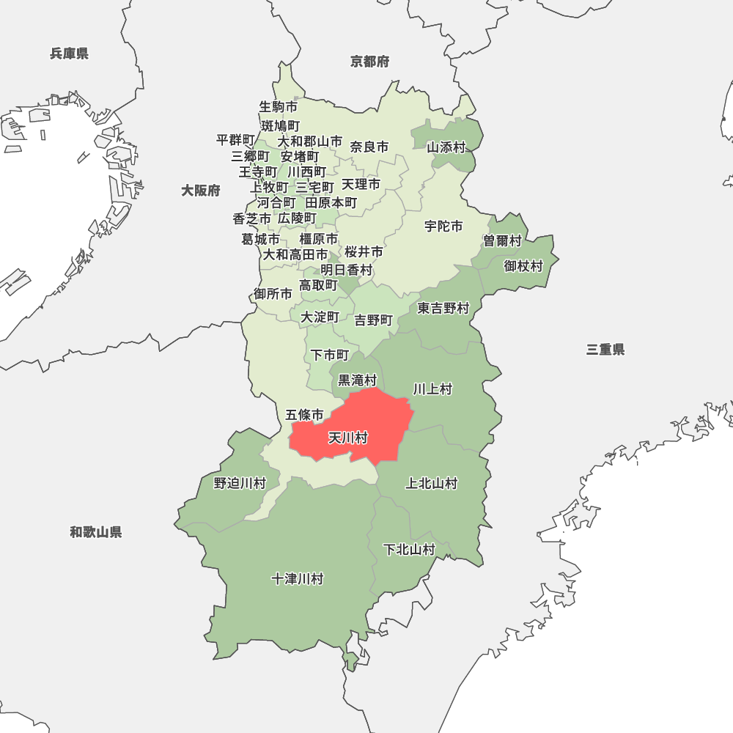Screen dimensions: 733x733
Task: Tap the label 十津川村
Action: point(297,579)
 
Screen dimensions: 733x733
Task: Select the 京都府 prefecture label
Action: point(369,62)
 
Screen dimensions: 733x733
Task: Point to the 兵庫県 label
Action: point(69,54)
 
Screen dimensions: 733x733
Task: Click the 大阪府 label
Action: point(201,191)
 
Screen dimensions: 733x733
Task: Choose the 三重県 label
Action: point(605,350)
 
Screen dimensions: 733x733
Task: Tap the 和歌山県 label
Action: point(96,532)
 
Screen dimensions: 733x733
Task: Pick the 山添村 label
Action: point(446,147)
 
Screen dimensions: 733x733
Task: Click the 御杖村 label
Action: point(523,266)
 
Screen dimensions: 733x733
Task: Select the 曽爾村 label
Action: point(502,241)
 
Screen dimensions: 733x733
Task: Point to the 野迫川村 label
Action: point(240,483)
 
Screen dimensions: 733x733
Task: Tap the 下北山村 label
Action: point(410,550)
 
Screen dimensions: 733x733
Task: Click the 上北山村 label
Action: point(432,483)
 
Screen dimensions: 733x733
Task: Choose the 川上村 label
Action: point(432,389)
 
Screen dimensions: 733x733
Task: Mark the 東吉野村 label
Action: point(443,309)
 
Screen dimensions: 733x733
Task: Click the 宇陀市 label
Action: point(443,226)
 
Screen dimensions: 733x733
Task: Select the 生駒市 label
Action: point(279,107)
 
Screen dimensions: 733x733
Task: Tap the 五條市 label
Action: point(304,415)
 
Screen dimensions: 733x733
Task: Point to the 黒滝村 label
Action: point(357,380)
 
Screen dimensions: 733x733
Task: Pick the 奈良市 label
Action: point(369,147)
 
